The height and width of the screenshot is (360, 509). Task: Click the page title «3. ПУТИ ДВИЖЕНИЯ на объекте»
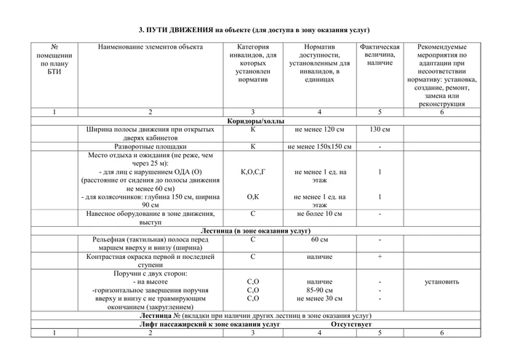tap(254, 30)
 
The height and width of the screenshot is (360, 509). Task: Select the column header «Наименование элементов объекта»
tap(150, 47)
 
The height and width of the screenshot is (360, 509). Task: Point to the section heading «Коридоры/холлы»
tap(255, 121)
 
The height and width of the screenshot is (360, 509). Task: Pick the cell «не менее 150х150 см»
tap(319, 146)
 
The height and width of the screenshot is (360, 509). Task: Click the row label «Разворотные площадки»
tap(150, 146)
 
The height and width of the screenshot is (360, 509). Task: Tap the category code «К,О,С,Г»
tap(253, 172)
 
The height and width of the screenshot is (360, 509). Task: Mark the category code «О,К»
tap(253, 196)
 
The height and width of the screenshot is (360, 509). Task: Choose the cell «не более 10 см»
tap(319, 214)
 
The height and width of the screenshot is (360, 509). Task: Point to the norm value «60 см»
tap(319, 239)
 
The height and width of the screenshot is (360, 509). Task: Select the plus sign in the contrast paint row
tap(380, 256)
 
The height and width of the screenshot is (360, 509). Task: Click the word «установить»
tap(442, 281)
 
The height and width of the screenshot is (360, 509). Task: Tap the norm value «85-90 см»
tap(319, 289)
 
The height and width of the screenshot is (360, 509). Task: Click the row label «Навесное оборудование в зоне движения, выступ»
tap(150, 217)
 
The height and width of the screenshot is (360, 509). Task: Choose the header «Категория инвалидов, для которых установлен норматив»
tap(253, 63)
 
